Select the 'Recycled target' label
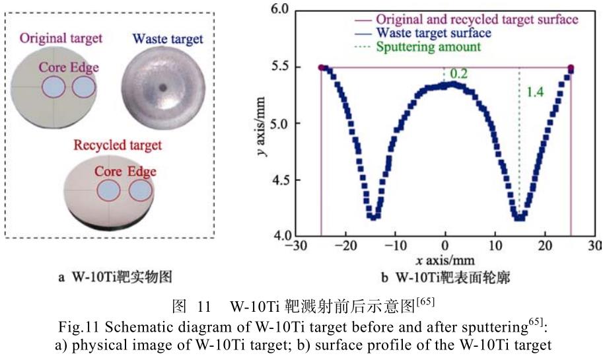coord(118,145)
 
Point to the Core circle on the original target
coord(53,87)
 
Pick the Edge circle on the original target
coord(83,87)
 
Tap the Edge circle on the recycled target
coord(140,191)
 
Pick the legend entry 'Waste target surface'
coord(432,32)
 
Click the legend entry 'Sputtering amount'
coord(428,47)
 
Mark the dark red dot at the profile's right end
coord(571,67)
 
